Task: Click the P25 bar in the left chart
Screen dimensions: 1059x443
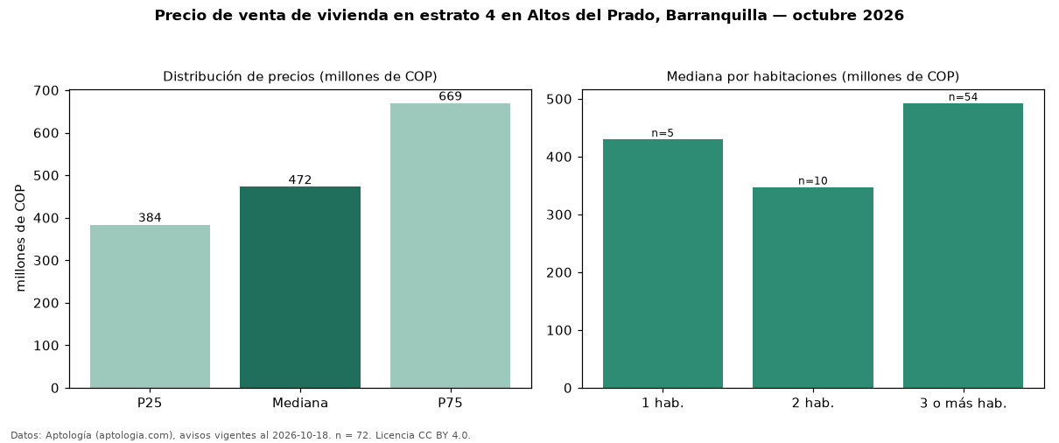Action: tap(150, 306)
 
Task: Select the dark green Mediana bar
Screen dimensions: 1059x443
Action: tap(300, 287)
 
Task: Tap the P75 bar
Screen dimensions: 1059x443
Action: tap(450, 246)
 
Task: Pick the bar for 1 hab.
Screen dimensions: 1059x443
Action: tap(663, 264)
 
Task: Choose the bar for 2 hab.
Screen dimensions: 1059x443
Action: tap(813, 288)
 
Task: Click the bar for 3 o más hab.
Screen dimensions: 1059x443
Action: tap(963, 246)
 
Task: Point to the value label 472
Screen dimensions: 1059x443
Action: tap(300, 180)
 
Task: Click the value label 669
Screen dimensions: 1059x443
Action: tap(450, 96)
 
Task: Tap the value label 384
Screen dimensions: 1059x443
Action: tap(150, 218)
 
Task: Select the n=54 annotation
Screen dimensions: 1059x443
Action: tap(963, 97)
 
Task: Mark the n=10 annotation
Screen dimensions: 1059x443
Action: tap(813, 181)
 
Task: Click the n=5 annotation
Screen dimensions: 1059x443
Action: tap(663, 133)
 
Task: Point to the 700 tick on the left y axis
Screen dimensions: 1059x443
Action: tap(46, 91)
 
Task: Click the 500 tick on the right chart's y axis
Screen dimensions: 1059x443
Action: tap(558, 100)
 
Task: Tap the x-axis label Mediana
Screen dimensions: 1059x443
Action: tap(300, 403)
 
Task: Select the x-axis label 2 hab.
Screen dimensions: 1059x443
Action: tap(813, 404)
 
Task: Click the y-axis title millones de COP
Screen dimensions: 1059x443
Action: tap(20, 238)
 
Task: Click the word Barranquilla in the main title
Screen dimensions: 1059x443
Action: tap(717, 16)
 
